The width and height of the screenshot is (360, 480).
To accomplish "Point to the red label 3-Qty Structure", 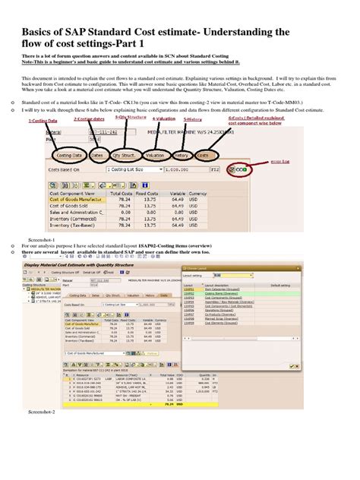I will pos(130,118).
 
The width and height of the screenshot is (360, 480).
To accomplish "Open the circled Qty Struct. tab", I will pos(125,155).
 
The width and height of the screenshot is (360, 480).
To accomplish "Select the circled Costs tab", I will pos(204,155).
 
